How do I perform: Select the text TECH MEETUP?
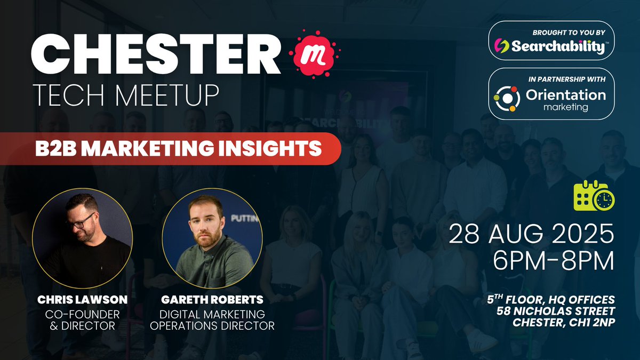[125, 95]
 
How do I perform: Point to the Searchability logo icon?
[501, 46]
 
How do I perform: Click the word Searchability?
[558, 46]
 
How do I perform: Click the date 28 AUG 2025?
[531, 235]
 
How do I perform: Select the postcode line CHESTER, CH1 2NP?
[563, 322]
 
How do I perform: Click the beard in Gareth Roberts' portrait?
[206, 238]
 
